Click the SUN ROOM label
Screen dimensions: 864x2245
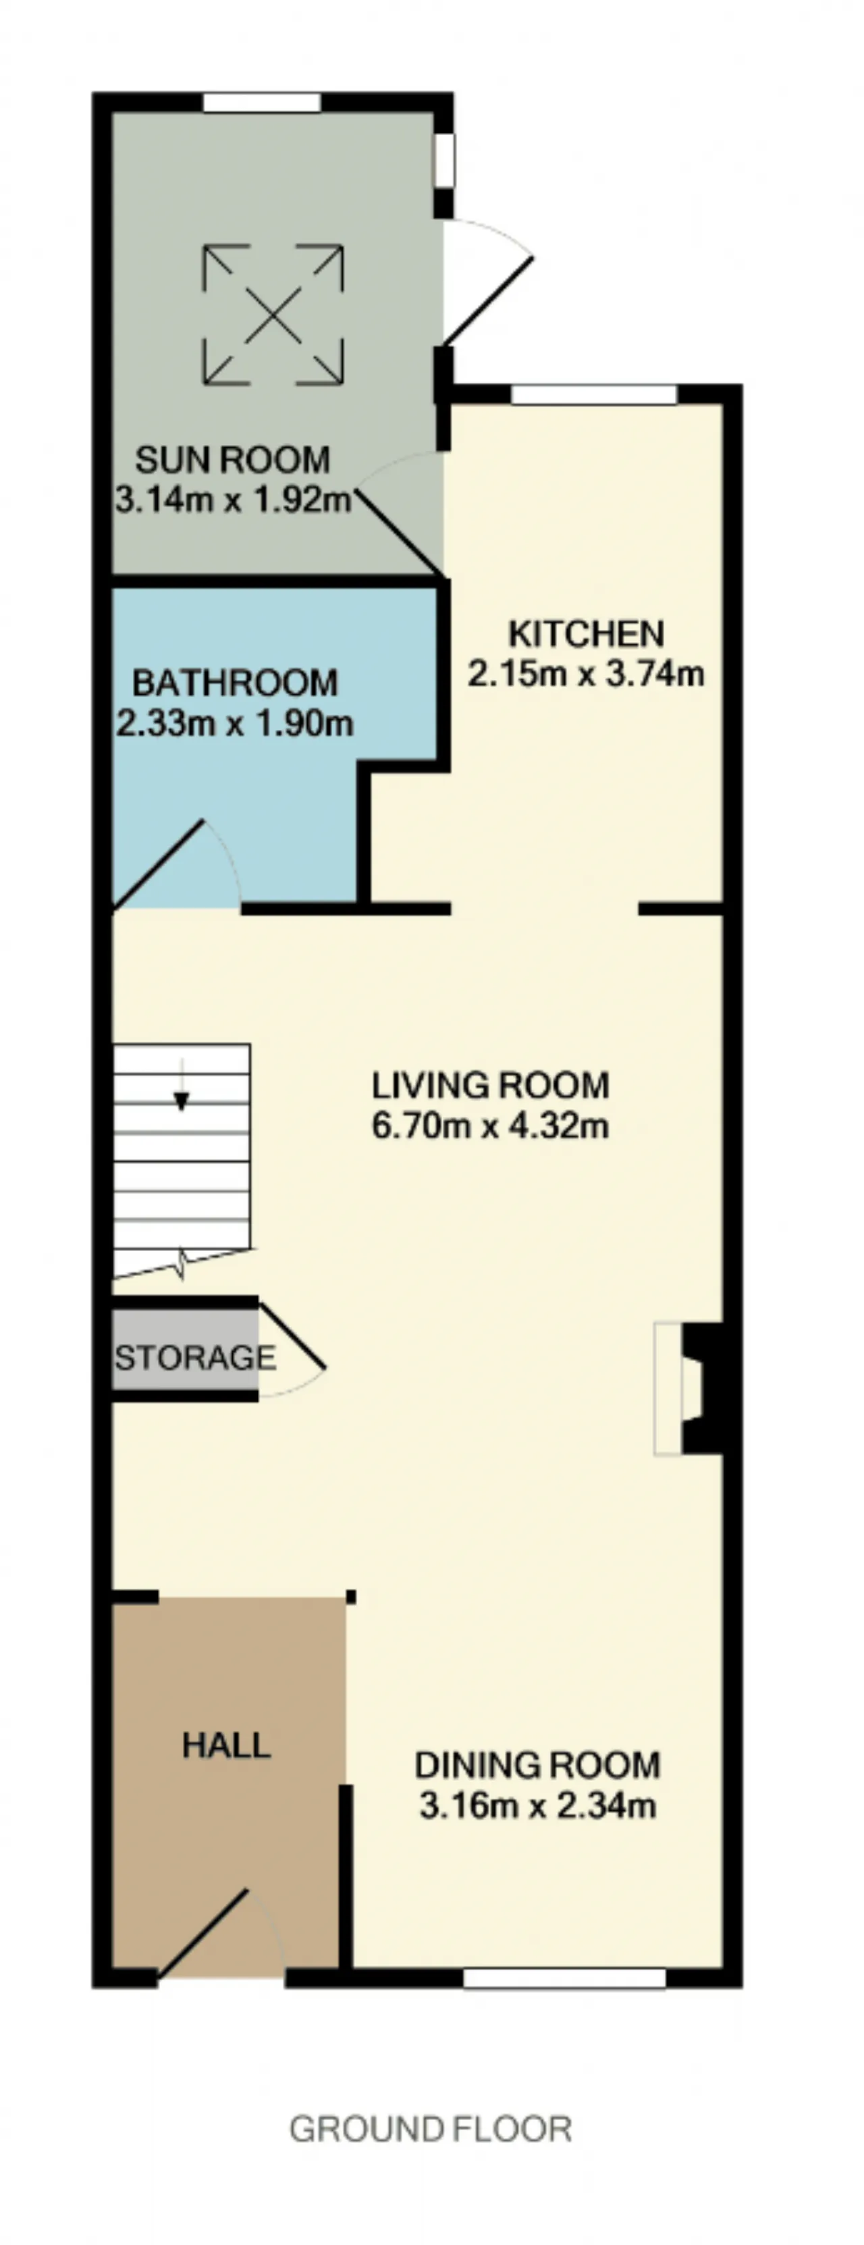[x=233, y=459]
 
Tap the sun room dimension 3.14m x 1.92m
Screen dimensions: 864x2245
[x=233, y=500]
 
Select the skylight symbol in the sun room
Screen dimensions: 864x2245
[x=273, y=315]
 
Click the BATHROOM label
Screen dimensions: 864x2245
[x=235, y=683]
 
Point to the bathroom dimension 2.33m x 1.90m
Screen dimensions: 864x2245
[x=235, y=723]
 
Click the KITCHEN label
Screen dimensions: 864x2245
[x=586, y=633]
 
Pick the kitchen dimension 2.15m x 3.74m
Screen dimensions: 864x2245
[x=586, y=674]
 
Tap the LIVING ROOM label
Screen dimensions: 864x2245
[x=490, y=1086]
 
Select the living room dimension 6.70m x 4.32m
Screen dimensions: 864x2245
[x=490, y=1126]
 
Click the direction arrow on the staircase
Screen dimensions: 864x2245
[x=181, y=1084]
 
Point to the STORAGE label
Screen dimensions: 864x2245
[x=195, y=1357]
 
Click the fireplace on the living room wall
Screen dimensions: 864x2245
[x=688, y=1388]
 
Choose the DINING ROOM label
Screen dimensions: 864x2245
[x=537, y=1766]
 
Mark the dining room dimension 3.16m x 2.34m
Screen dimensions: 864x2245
[x=537, y=1805]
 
